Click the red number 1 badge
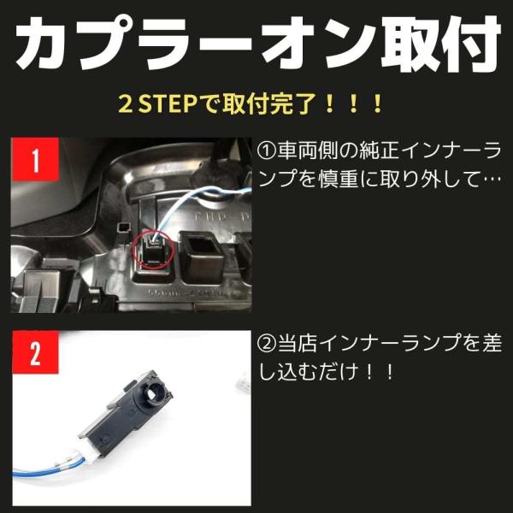(35, 159)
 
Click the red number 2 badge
(35, 352)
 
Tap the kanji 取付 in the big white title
(440, 44)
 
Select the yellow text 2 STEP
(157, 104)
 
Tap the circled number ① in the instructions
(267, 151)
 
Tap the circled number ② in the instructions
(267, 344)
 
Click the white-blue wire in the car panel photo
(183, 203)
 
